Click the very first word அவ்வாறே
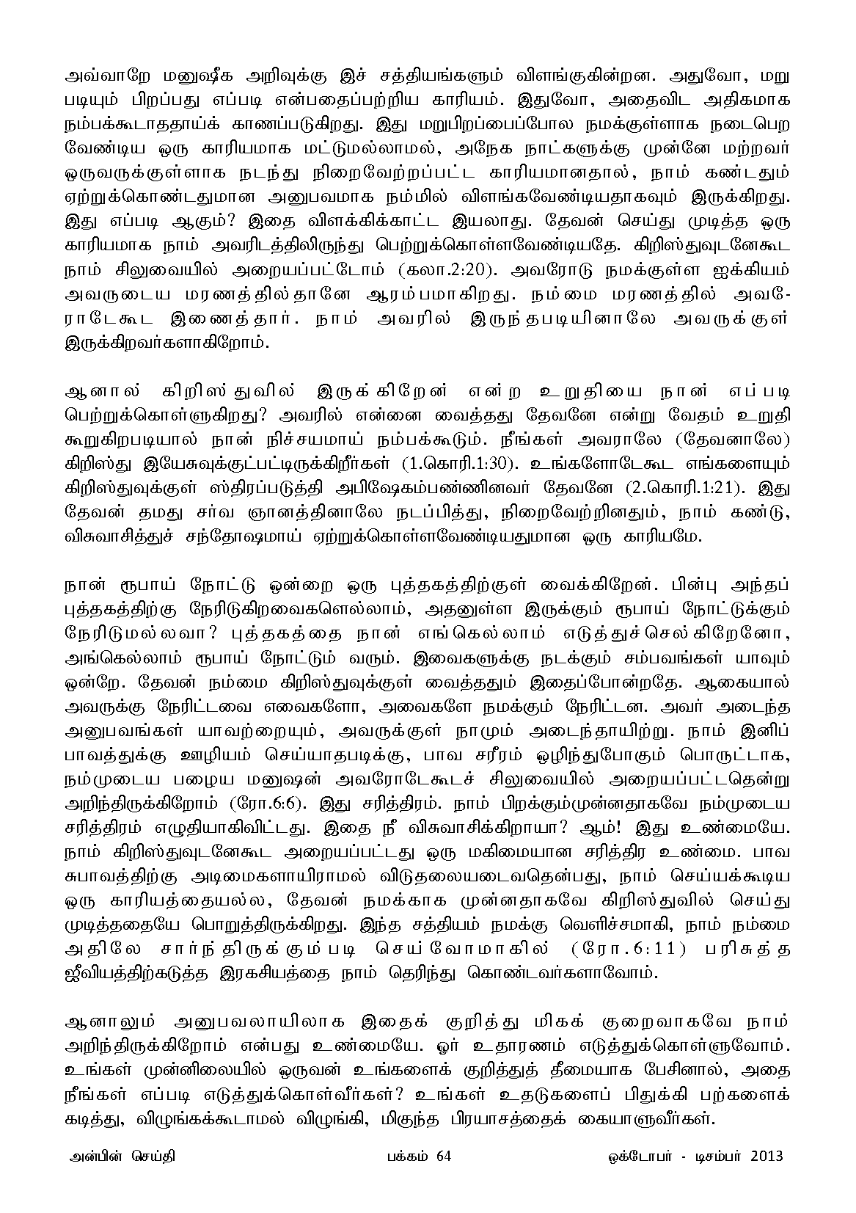pos(101,74)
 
